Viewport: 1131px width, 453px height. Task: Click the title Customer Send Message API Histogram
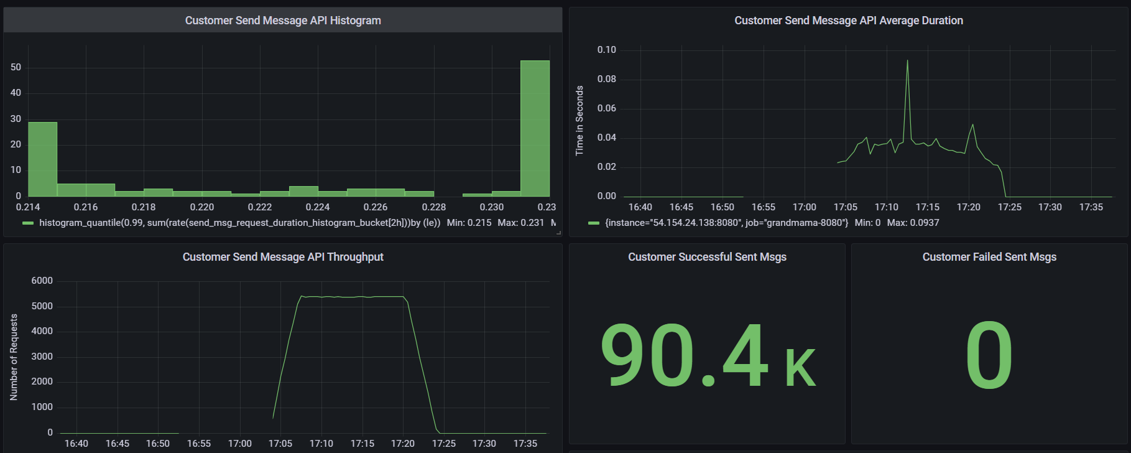pos(283,21)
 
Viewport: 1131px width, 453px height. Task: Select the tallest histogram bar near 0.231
pos(535,128)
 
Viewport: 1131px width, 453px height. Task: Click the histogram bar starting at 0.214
pos(42,159)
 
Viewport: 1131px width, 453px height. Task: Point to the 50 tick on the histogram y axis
pos(16,67)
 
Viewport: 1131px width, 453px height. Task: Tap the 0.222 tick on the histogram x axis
pos(260,207)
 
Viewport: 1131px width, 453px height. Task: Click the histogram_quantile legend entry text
pos(239,223)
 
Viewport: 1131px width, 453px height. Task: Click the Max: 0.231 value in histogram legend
pos(520,223)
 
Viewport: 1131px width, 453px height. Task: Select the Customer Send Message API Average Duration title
pos(849,21)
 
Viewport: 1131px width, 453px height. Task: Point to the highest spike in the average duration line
pos(907,61)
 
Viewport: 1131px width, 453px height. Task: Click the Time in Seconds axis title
pos(579,121)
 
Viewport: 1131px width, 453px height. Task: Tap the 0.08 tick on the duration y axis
pos(607,79)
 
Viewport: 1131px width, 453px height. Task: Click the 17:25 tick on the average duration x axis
pos(1010,207)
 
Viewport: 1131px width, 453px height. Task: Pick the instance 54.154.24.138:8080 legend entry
pos(726,223)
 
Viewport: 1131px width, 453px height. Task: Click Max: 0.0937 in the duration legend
pos(913,223)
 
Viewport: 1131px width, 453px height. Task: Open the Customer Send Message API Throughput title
pos(283,257)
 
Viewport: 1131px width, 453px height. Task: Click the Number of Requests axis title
pos(14,357)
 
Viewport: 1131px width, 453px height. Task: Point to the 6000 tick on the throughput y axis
pos(42,281)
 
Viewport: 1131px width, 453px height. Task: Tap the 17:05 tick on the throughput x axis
pos(280,444)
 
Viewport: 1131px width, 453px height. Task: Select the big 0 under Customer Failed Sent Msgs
pos(989,356)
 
